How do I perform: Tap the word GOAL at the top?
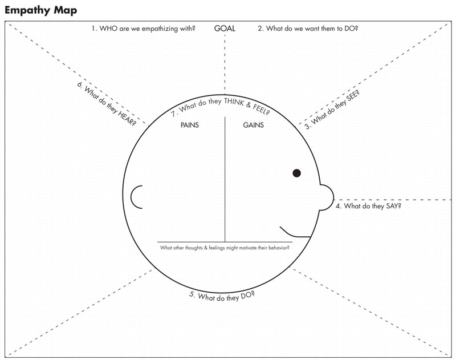tap(225, 29)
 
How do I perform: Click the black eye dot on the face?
tap(296, 173)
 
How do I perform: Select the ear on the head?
tap(136, 196)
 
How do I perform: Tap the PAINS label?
tap(189, 126)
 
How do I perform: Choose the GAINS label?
tap(254, 126)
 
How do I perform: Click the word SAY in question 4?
tap(392, 206)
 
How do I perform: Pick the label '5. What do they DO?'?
tap(222, 296)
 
